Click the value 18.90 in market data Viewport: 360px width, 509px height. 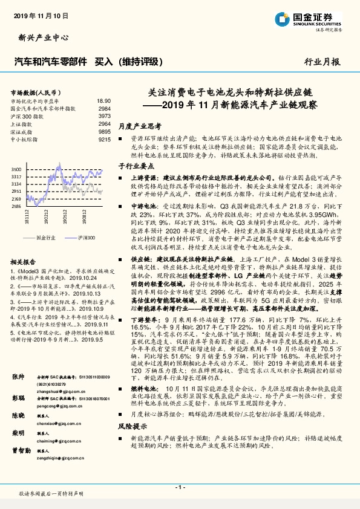(x=103, y=101)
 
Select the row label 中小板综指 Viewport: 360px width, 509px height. (x=26, y=139)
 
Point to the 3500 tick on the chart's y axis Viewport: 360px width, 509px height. (x=17, y=169)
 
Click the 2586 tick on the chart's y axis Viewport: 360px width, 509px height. (x=17, y=206)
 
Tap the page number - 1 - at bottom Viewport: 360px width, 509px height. (x=180, y=487)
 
